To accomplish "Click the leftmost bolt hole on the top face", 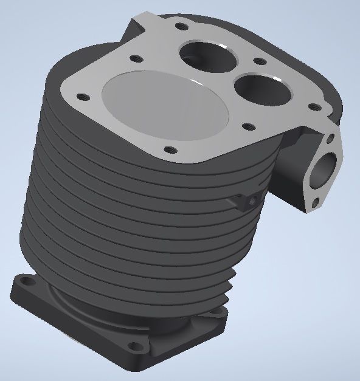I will coord(79,96).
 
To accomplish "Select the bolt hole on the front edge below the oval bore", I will coord(170,148).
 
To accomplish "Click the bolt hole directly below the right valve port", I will coord(247,127).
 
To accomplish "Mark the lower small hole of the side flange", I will coord(314,204).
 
